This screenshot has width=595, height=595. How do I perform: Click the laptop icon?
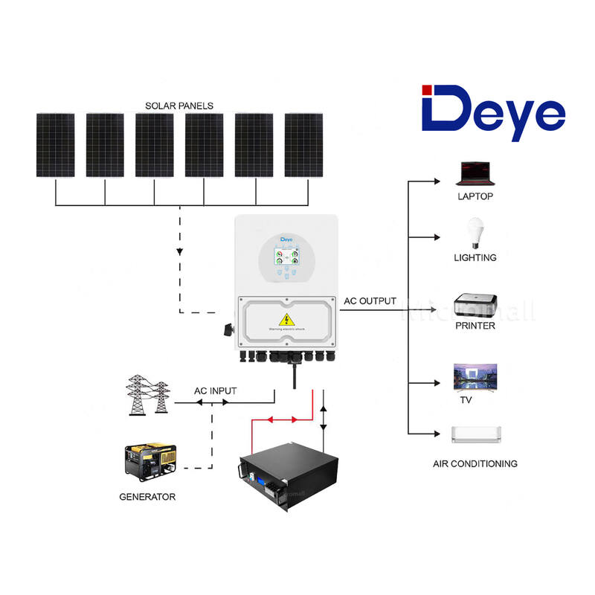475,173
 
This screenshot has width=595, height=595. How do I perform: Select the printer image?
475,305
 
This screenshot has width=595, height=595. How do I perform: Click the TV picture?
475,379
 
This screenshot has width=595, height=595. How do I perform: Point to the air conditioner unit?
476,434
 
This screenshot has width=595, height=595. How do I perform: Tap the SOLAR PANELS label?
179,106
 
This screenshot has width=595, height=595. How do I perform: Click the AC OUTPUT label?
370,301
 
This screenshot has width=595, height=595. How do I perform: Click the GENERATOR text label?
147,496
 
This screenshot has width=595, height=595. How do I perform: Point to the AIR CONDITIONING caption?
475,463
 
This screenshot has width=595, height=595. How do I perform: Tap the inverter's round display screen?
287,260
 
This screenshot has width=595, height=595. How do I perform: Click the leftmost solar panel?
55,145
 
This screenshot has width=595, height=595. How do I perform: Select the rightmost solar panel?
303,145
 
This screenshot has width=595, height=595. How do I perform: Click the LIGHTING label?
475,257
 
